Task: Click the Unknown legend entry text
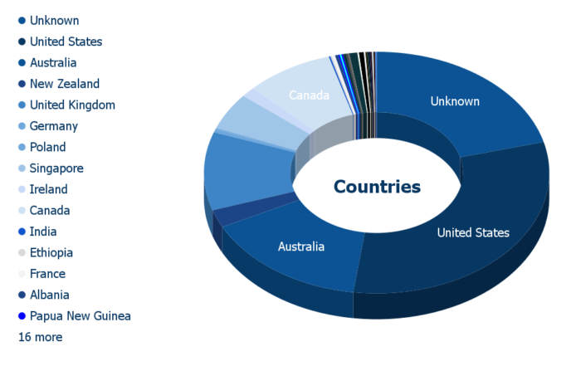(x=54, y=21)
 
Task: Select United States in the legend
(x=66, y=41)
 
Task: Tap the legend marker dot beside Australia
(x=22, y=62)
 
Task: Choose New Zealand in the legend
(x=65, y=84)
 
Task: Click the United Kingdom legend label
(x=72, y=105)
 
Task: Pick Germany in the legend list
(x=54, y=126)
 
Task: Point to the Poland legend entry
(x=48, y=147)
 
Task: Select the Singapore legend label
(x=56, y=168)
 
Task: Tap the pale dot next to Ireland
(x=22, y=189)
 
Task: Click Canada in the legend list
(x=50, y=211)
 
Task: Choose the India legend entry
(x=43, y=232)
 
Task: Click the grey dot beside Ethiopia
(x=22, y=252)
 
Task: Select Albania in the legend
(x=49, y=295)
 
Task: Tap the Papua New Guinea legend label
(x=80, y=316)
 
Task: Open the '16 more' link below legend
(x=41, y=337)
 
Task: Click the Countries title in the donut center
(x=377, y=187)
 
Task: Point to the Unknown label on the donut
(x=455, y=101)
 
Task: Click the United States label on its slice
(x=473, y=232)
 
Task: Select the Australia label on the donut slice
(x=301, y=246)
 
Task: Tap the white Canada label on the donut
(x=309, y=95)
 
